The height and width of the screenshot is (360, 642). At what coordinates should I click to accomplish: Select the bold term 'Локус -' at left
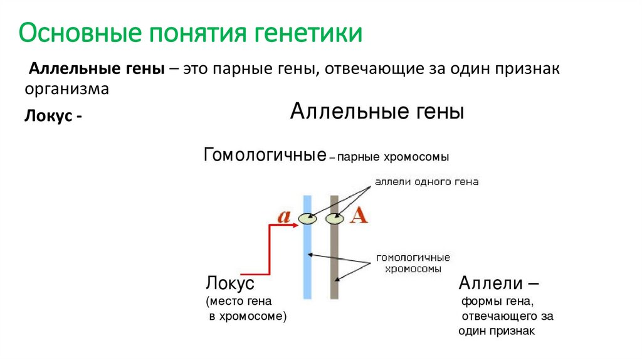click(53, 117)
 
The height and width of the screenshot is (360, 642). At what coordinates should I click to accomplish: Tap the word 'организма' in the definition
click(67, 88)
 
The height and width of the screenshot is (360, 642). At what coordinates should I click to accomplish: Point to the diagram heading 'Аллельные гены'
click(376, 113)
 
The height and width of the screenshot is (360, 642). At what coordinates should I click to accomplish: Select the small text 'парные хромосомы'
click(393, 156)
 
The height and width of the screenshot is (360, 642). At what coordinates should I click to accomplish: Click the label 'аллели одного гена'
click(426, 182)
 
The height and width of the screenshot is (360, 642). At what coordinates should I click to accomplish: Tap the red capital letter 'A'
click(358, 215)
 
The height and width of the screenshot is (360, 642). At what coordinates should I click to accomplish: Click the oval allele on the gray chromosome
click(335, 219)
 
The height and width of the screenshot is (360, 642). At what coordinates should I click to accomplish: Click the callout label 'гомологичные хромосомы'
click(413, 263)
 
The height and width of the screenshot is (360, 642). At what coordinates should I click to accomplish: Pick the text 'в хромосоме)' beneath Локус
click(247, 316)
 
